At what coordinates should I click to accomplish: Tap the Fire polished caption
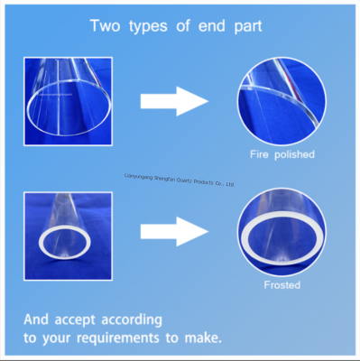pyautogui.click(x=282, y=154)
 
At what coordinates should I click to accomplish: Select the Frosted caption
pyautogui.click(x=282, y=285)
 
